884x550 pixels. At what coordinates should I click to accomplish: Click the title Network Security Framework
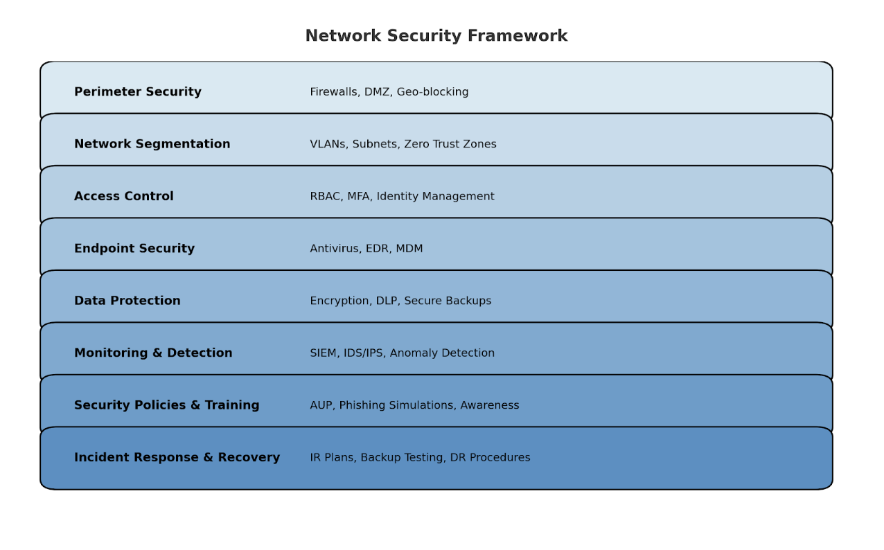[x=436, y=35]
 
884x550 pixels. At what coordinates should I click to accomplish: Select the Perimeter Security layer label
[x=138, y=92]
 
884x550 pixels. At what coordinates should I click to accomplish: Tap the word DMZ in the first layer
[x=377, y=92]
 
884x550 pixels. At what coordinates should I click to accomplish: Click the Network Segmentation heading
[x=152, y=144]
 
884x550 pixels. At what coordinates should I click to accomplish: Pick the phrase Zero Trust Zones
[x=450, y=144]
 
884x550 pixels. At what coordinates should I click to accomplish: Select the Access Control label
[x=123, y=196]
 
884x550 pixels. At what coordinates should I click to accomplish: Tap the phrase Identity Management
[x=435, y=197]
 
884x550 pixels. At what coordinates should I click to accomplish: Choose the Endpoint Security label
[x=134, y=249]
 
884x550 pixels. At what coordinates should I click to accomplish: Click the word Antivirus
[x=335, y=249]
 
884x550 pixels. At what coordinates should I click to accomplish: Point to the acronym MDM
[x=409, y=249]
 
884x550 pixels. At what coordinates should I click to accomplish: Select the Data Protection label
[x=127, y=301]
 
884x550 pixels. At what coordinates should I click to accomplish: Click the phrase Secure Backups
[x=448, y=301]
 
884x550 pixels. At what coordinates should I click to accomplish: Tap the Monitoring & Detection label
[x=153, y=353]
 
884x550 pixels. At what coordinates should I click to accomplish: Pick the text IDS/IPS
[x=364, y=353]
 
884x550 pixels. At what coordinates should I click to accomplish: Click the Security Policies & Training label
[x=166, y=405]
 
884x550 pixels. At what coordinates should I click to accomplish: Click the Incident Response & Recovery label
[x=177, y=457]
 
